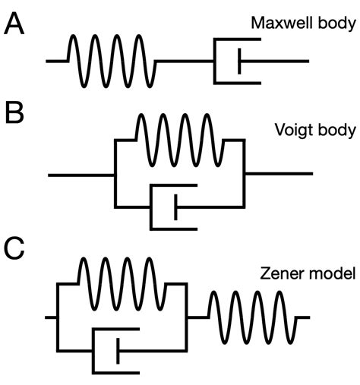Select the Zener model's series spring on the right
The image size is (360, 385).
tap(251, 316)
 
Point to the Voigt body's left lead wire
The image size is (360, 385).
tap(81, 175)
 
